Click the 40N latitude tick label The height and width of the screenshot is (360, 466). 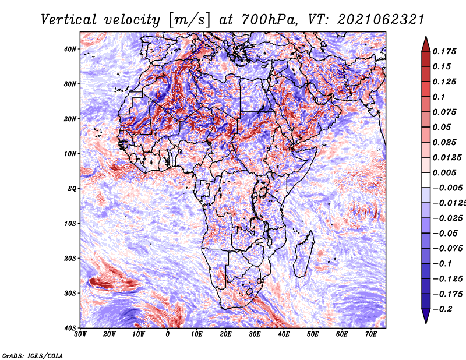[70, 49]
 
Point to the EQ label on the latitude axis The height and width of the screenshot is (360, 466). [72, 189]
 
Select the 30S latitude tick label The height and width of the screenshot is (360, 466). [70, 293]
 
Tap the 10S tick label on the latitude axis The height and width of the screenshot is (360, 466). [70, 224]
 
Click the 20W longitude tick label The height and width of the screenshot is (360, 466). [110, 334]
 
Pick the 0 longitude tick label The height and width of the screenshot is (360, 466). [168, 334]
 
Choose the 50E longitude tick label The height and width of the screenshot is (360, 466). [313, 334]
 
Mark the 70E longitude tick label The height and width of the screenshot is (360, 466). [371, 334]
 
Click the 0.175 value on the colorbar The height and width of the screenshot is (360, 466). [444, 52]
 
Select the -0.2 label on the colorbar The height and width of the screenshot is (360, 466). [443, 309]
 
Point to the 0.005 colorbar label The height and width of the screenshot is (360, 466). [444, 172]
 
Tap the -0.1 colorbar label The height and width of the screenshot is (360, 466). [442, 264]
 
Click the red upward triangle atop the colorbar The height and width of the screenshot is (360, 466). [426, 45]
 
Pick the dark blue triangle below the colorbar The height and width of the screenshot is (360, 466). [426, 315]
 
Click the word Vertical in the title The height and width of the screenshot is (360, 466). [69, 20]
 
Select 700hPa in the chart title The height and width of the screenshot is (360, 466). [269, 20]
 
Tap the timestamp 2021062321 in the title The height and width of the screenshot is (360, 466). [380, 20]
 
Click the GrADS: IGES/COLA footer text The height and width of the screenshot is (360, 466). [33, 355]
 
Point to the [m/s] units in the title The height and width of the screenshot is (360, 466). [189, 20]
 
